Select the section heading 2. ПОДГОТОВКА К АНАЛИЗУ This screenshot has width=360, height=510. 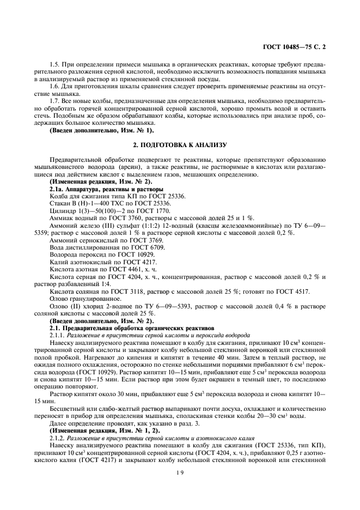[x=180, y=145]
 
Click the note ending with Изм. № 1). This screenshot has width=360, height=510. [x=102, y=131]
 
